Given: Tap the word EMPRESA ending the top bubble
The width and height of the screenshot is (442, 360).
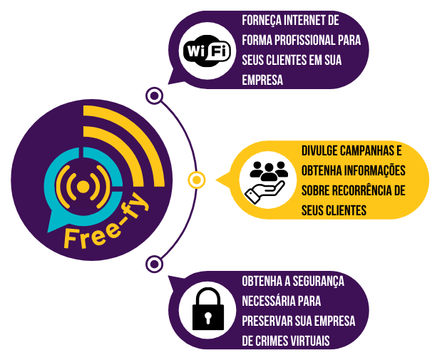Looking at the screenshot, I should tap(263, 80).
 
